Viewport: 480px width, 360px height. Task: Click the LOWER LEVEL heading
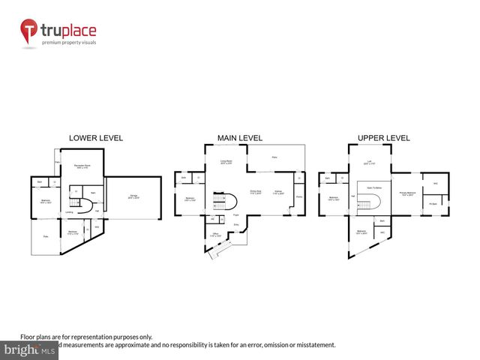click(96, 138)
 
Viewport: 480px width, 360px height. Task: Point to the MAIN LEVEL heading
click(239, 138)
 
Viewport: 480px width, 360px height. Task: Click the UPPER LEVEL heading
click(383, 138)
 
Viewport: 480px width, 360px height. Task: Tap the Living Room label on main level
click(226, 162)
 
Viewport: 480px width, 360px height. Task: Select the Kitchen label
click(277, 192)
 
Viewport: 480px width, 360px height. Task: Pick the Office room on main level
click(216, 235)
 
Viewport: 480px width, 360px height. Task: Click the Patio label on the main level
click(274, 157)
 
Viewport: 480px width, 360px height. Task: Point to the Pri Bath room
click(433, 202)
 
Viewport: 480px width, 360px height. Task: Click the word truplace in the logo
click(69, 31)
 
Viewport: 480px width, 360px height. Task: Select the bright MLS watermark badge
click(30, 349)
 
